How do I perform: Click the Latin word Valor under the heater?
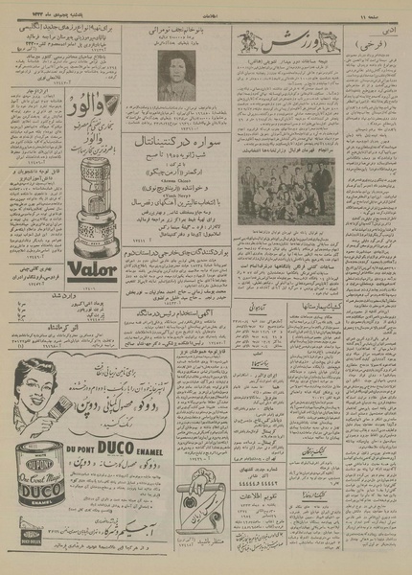93,273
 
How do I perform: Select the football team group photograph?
286,190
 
